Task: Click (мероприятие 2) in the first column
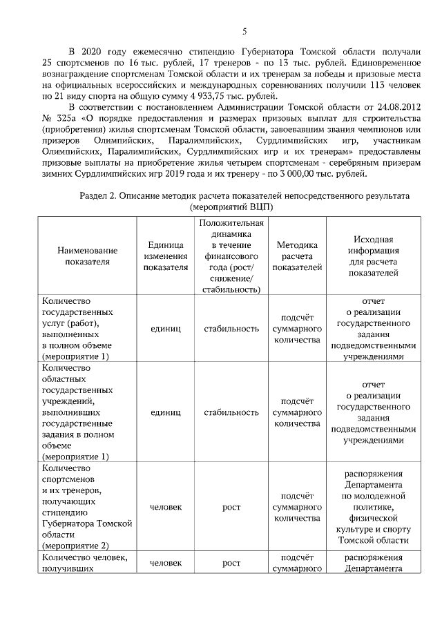[75, 545]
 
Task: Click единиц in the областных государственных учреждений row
[166, 412]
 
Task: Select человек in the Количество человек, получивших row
[166, 564]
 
